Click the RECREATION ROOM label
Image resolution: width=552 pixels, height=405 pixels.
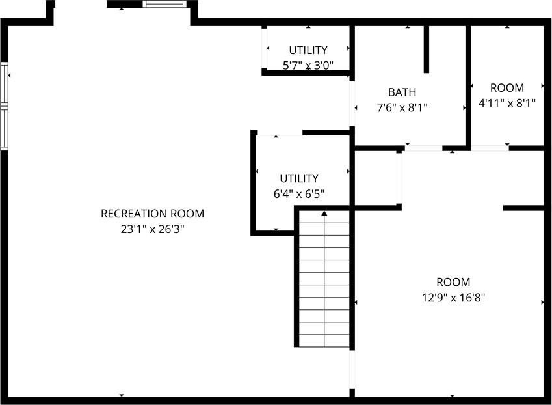click(x=152, y=214)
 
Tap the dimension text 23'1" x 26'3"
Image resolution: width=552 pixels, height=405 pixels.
click(x=152, y=229)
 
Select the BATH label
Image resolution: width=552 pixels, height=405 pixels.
click(x=402, y=92)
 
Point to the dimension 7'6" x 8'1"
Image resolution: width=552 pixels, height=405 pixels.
click(x=402, y=107)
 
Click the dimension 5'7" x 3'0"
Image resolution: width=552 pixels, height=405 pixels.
click(x=308, y=65)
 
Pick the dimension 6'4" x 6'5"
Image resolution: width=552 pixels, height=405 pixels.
click(x=299, y=194)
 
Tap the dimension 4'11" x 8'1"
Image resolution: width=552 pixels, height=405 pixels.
click(x=507, y=103)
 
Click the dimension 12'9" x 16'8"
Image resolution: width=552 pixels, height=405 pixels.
click(x=453, y=298)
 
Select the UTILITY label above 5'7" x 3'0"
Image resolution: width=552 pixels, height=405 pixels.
click(x=308, y=50)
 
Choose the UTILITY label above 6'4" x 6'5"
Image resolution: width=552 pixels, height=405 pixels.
click(x=299, y=178)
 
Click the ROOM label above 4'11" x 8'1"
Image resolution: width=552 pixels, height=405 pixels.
click(x=507, y=88)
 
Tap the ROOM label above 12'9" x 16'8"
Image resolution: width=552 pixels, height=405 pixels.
click(x=453, y=283)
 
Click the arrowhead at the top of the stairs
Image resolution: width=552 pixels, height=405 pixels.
click(x=324, y=214)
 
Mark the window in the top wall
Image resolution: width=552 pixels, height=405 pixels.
click(x=164, y=4)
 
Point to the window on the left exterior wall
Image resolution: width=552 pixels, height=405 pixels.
click(x=4, y=106)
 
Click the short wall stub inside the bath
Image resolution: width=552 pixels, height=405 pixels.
click(x=427, y=49)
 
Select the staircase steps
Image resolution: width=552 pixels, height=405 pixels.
click(x=324, y=279)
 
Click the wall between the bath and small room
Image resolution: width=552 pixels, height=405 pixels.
click(x=468, y=87)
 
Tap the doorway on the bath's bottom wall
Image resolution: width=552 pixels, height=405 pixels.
click(x=423, y=148)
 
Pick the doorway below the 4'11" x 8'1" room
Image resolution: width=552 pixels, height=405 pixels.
click(x=490, y=148)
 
